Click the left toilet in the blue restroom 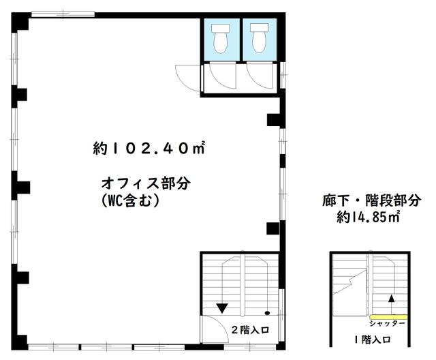[221, 38]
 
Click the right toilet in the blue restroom [259, 38]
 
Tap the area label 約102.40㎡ [149, 148]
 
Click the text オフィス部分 [146, 183]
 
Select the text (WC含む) [131, 200]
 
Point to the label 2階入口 [250, 330]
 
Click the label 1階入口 [373, 340]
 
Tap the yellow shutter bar [389, 317]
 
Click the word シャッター [387, 324]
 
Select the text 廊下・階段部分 [372, 200]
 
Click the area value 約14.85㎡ [368, 216]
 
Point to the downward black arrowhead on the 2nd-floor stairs [222, 308]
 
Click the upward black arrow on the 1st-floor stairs [392, 304]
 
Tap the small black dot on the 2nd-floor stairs [268, 313]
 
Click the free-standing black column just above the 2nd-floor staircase [272, 228]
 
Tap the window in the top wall [63, 14]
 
